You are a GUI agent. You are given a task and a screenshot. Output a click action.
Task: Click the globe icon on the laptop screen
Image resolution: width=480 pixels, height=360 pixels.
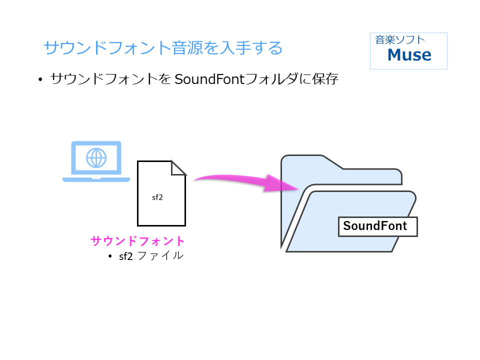pos(96,157)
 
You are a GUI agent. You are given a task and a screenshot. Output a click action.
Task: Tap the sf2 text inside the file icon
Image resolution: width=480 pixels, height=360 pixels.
pos(157,197)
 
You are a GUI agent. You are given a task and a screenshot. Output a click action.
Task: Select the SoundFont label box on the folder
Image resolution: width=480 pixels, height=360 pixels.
pos(377,226)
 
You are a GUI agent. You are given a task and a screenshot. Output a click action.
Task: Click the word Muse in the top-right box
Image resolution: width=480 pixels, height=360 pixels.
pos(409,54)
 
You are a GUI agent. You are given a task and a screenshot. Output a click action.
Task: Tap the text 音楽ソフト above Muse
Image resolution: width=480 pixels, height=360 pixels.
pos(400,40)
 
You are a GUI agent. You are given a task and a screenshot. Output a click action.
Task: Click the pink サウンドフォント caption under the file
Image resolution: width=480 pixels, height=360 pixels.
pos(138,241)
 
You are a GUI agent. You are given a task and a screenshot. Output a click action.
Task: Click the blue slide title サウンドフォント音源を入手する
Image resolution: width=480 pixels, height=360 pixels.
pos(163,48)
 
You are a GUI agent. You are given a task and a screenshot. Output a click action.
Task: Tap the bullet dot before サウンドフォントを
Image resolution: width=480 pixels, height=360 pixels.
pos(40,80)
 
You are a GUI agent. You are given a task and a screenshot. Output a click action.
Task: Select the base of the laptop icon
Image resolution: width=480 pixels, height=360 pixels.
pos(96,178)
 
